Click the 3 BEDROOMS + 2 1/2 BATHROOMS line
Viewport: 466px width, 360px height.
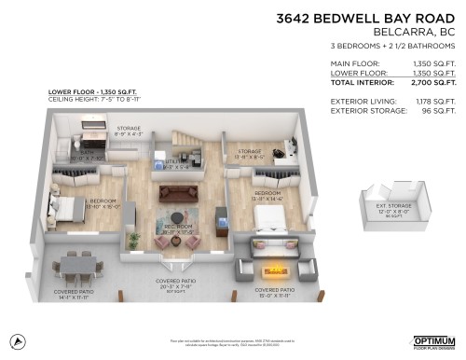396,45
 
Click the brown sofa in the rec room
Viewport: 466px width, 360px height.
177,192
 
